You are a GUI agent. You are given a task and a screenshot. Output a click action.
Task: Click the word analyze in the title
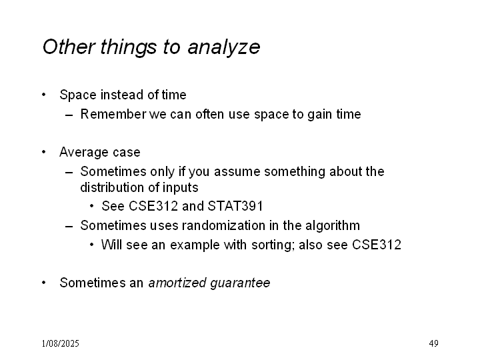224,47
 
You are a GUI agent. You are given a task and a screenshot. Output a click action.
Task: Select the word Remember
113,114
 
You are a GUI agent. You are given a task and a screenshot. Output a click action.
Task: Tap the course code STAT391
235,206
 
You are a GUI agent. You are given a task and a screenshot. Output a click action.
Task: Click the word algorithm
333,226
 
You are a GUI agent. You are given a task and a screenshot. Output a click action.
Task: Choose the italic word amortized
177,283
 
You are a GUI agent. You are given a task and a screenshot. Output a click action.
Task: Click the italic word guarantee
240,283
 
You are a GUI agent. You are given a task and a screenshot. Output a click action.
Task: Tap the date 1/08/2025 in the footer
60,343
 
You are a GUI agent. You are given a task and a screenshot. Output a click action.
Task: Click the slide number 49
433,343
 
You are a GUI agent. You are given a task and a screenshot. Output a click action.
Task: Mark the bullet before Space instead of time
44,95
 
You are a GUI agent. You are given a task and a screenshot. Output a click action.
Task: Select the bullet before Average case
44,152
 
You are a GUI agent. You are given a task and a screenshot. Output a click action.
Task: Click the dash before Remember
69,115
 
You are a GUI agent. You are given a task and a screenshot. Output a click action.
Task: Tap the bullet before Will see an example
92,245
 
